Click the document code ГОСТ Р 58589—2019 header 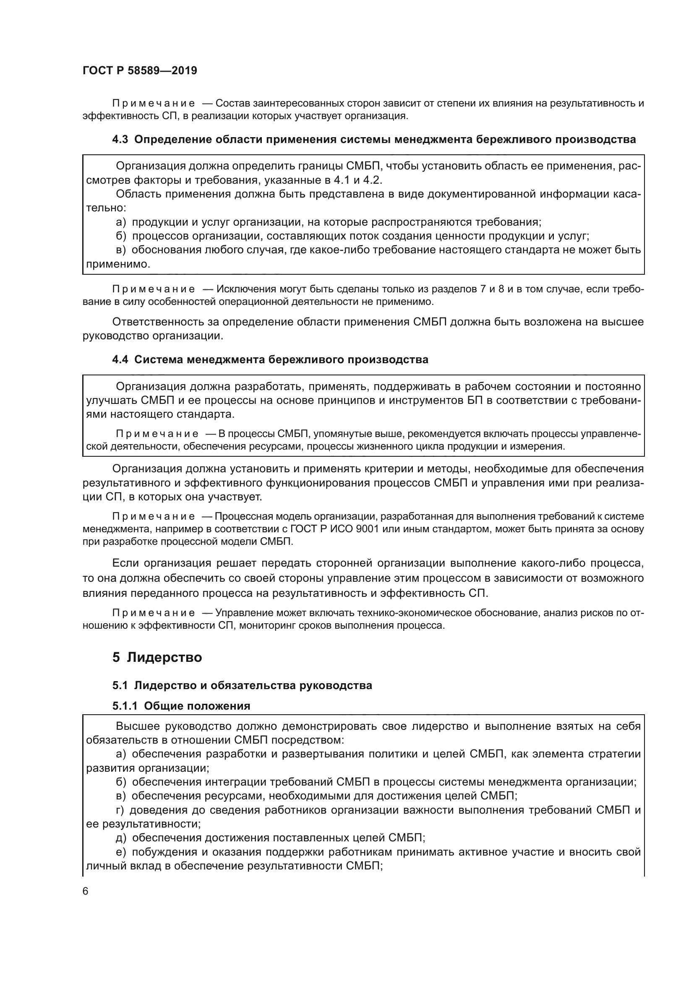[x=140, y=71]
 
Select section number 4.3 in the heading [x=120, y=140]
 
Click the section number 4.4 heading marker [x=120, y=360]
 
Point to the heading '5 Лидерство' [x=157, y=657]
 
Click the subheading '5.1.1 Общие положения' [x=181, y=706]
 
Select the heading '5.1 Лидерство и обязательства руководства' [x=242, y=685]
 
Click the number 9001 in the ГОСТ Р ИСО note [x=368, y=529]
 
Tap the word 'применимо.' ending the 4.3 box [x=118, y=265]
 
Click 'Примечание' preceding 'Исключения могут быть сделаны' [x=154, y=289]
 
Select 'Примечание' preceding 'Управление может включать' [x=154, y=613]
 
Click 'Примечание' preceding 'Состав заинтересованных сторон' [x=154, y=104]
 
